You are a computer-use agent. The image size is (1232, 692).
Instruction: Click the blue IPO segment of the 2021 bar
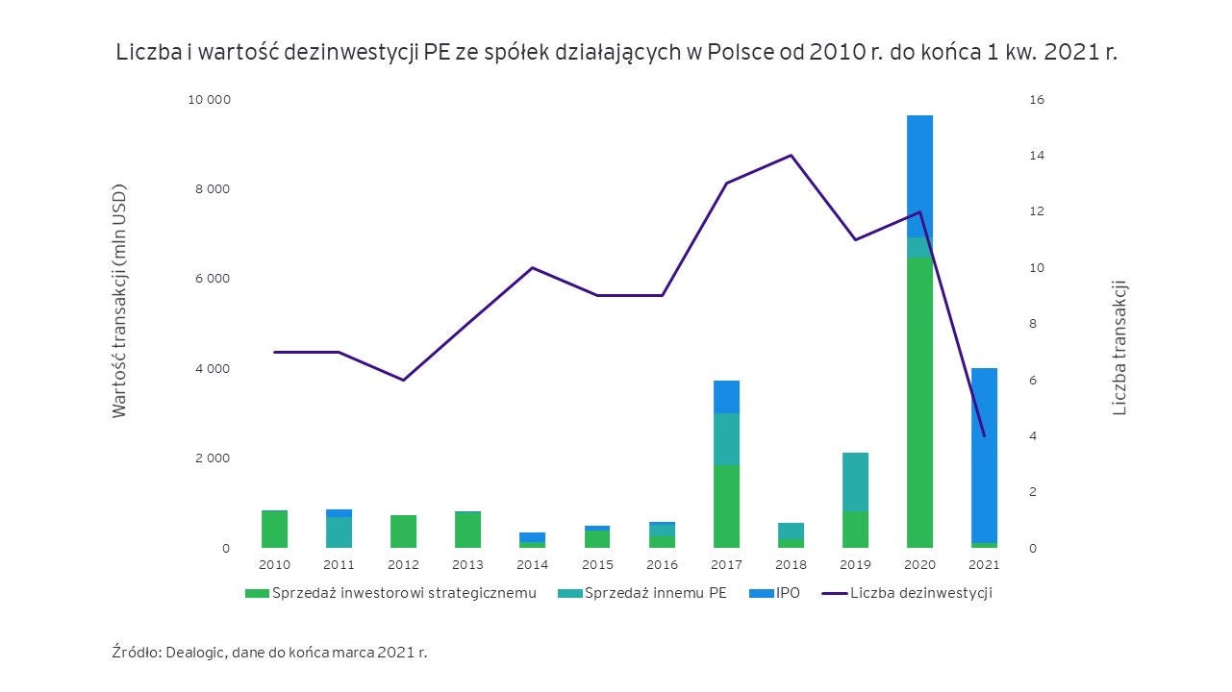tap(984, 456)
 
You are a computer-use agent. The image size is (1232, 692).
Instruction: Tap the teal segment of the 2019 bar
tap(855, 482)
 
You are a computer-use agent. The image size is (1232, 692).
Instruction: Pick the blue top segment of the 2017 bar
tap(726, 396)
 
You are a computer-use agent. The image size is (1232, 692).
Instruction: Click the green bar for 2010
tap(274, 529)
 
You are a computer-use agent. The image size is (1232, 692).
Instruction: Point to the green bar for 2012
tap(403, 531)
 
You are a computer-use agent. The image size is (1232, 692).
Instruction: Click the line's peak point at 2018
tap(791, 155)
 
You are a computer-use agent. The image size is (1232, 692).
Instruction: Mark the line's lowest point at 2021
tap(984, 435)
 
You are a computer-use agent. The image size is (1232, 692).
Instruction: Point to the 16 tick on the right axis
tap(1037, 100)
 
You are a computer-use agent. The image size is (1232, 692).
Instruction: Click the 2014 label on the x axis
tap(532, 565)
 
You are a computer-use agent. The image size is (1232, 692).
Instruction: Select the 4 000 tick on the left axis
tap(213, 369)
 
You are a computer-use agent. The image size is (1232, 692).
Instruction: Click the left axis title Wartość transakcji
tap(119, 301)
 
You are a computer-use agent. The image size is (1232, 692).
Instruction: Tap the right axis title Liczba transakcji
tap(1119, 348)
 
